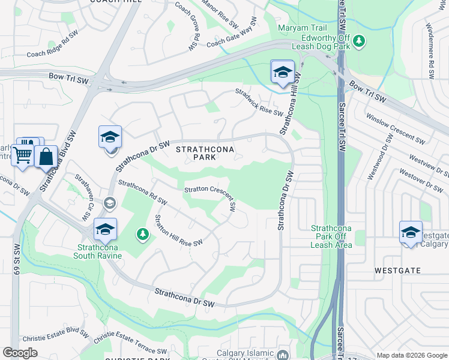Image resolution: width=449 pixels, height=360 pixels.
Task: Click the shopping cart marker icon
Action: coord(23,155)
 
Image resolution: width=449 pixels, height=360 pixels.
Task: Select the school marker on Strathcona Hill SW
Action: coord(283,72)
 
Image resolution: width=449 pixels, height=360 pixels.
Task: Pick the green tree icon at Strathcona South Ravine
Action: coord(143,233)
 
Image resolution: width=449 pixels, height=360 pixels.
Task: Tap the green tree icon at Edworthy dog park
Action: coord(359,41)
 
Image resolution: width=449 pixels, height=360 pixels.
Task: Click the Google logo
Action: coord(20,353)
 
